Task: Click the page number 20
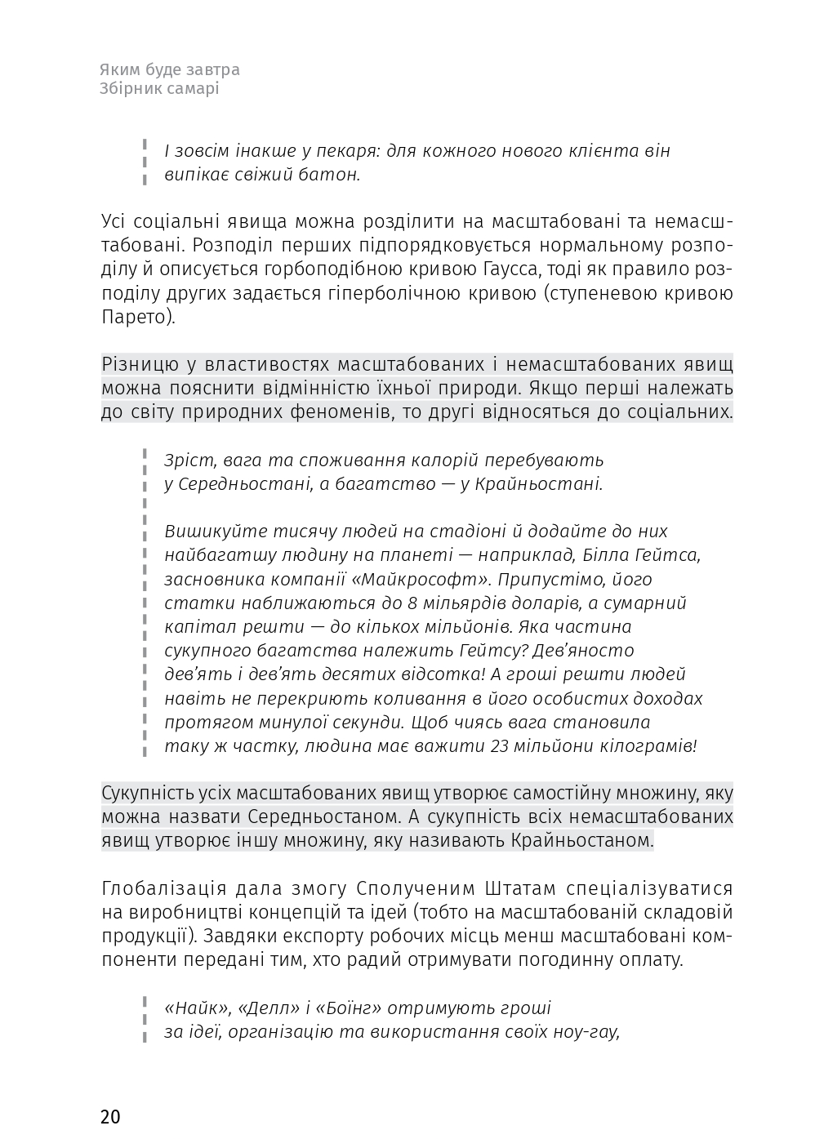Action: pos(110,1117)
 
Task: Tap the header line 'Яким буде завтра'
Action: pos(169,70)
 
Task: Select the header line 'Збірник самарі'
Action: pos(158,89)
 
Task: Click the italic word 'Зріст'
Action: pos(186,460)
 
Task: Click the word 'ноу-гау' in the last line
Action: pos(591,1033)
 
